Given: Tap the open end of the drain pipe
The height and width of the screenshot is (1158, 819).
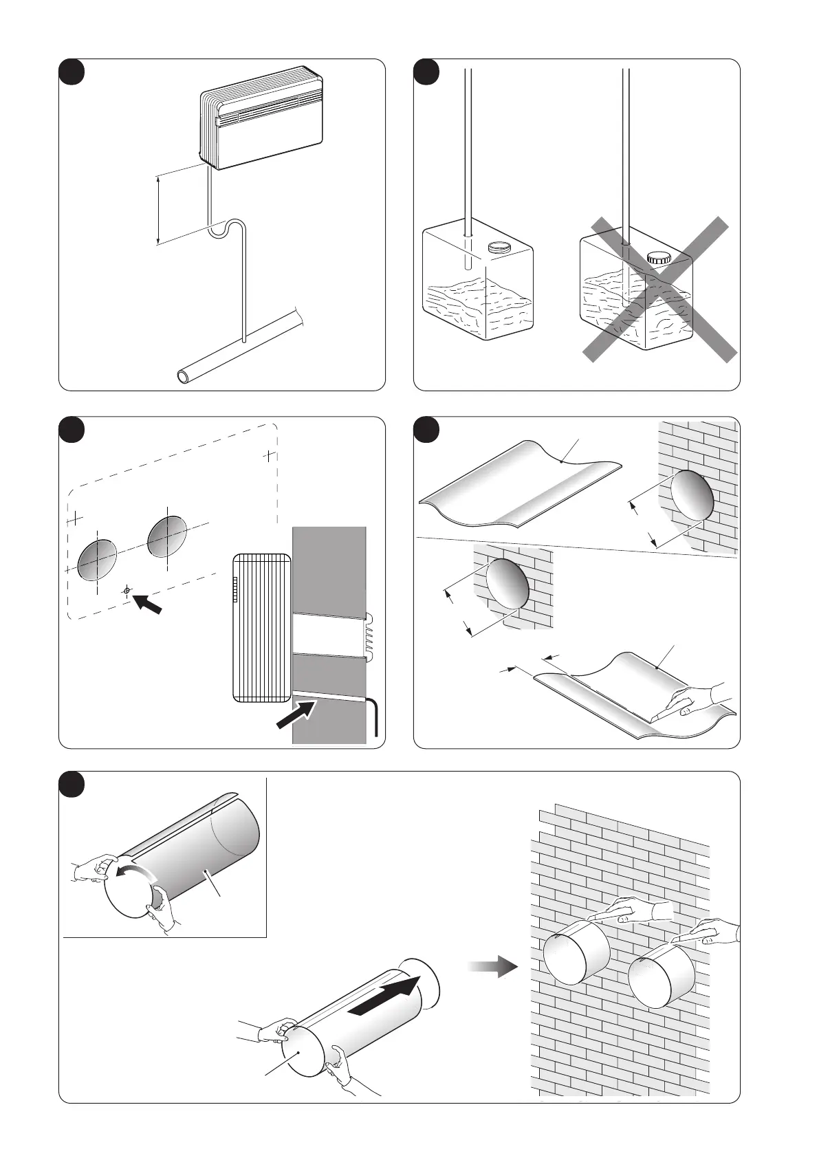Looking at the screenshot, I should (x=185, y=376).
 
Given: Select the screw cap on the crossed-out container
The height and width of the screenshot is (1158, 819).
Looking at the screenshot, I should (x=658, y=258).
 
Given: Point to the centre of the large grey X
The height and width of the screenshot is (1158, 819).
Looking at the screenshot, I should (x=659, y=289).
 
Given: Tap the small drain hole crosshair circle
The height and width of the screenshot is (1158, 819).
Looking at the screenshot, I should (x=127, y=590).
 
